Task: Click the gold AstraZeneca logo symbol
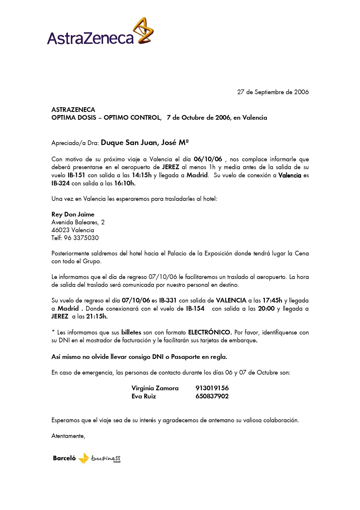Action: [143, 31]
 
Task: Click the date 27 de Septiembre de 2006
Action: [273, 92]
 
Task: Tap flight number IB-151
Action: [76, 175]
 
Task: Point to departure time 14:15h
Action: [142, 175]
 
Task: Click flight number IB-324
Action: [60, 183]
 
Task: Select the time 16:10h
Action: [125, 183]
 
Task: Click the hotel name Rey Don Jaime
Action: [73, 214]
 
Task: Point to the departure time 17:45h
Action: [272, 300]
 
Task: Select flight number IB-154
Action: [195, 309]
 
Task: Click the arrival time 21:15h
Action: [97, 316]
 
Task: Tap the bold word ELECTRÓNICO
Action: [210, 332]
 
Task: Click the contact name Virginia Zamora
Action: [155, 388]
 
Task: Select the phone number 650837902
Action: [212, 396]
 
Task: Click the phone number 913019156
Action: [212, 388]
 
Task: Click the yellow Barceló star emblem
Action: [84, 458]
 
